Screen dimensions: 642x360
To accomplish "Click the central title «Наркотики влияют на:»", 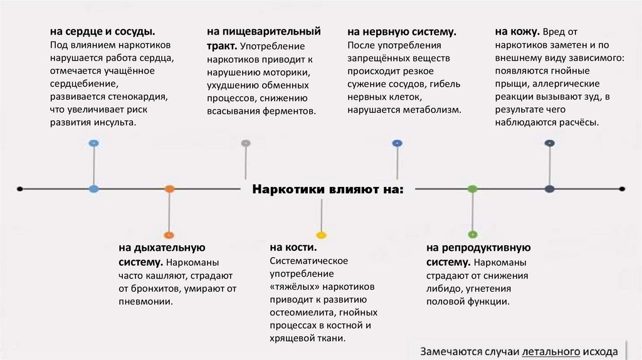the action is (327, 189).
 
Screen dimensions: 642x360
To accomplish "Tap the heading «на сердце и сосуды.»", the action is (103, 32).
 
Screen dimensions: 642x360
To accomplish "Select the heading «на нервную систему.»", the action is (401, 32).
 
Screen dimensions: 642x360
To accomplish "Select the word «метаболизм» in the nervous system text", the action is (436, 109).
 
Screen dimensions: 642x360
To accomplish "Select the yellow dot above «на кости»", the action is (322, 235).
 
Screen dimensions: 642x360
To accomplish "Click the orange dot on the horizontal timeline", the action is (169, 188).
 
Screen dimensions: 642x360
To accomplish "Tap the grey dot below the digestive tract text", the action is (246, 143).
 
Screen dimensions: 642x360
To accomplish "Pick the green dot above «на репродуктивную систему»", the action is (473, 235).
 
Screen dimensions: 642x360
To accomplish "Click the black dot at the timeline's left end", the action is (20, 188).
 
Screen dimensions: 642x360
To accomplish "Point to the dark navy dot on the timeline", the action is (550, 188).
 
